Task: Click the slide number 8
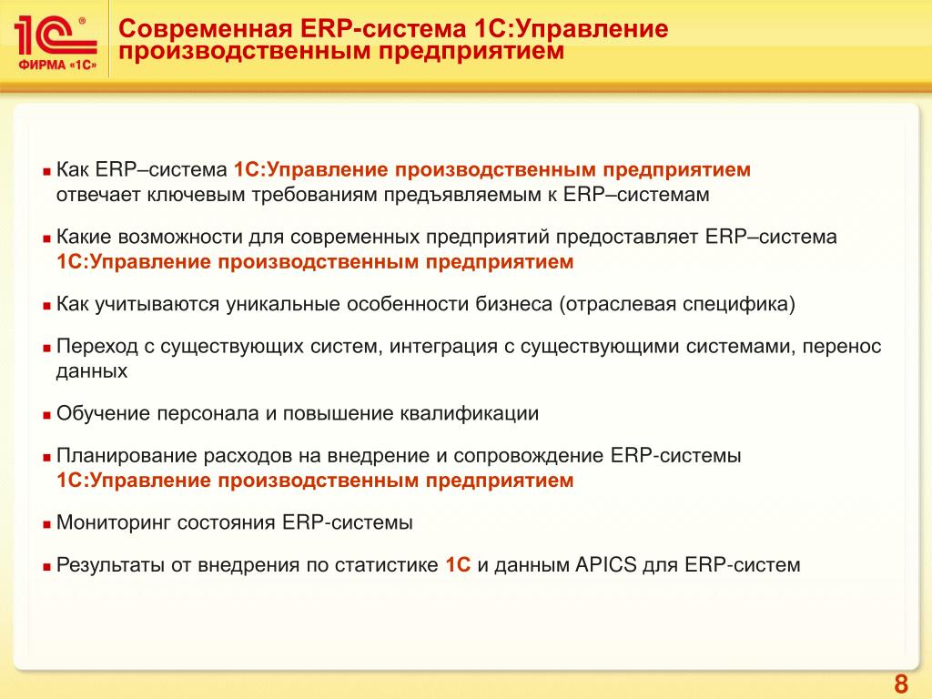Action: coord(901,684)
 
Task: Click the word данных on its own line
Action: coord(92,371)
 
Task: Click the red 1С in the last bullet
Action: coord(458,564)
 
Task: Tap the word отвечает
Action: coord(98,195)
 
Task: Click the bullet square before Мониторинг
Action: coord(47,525)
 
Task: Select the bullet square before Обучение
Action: coord(47,415)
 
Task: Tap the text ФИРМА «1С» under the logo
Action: coord(57,65)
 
